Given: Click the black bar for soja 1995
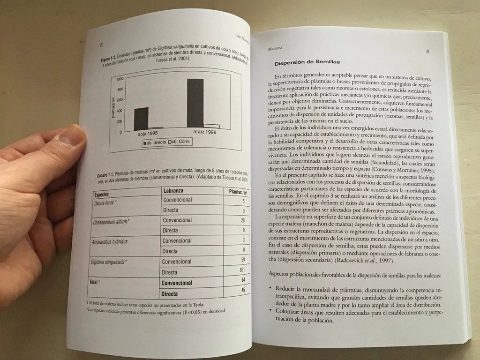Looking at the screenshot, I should pyautogui.click(x=141, y=119).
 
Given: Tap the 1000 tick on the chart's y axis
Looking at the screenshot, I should pyautogui.click(x=120, y=79).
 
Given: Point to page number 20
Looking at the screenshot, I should pyautogui.click(x=101, y=45).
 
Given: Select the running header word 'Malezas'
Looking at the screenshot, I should pyautogui.click(x=271, y=48).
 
